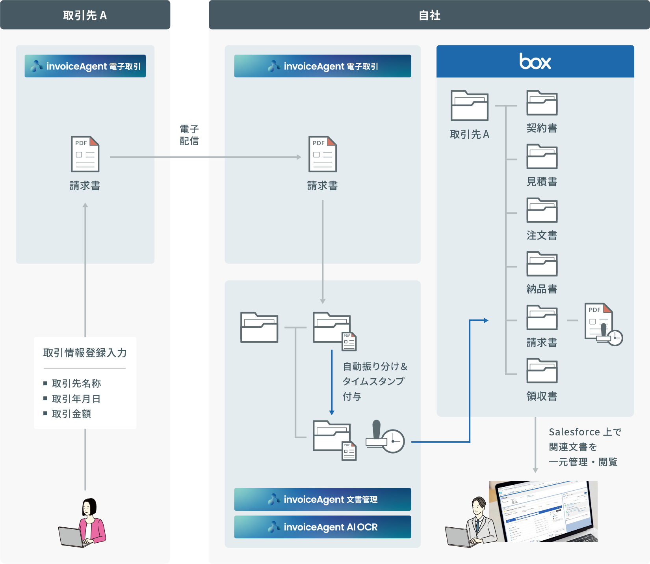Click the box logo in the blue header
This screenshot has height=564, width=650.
coord(535,62)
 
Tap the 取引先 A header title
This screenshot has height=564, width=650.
coord(85,15)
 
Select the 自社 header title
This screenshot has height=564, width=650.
coord(429,15)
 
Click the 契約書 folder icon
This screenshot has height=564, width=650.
coord(542,103)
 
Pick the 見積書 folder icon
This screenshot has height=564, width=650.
coord(542,157)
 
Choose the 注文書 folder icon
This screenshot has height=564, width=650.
coord(542,210)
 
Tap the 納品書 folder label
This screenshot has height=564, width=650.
coord(542,289)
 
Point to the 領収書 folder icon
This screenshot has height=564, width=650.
coord(542,371)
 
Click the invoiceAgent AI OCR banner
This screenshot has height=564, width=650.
coord(323,527)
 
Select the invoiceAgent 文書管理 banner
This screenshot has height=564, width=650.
coord(323,499)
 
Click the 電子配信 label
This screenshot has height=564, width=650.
coord(189,135)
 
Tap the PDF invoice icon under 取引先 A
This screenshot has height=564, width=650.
coord(85,154)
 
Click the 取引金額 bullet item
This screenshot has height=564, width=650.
coord(71,414)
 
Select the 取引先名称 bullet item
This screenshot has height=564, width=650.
coord(76,383)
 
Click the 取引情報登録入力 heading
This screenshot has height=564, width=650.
coord(85,353)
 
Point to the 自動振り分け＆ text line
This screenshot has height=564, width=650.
coord(375,366)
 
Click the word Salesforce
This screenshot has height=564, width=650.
coord(574,432)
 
